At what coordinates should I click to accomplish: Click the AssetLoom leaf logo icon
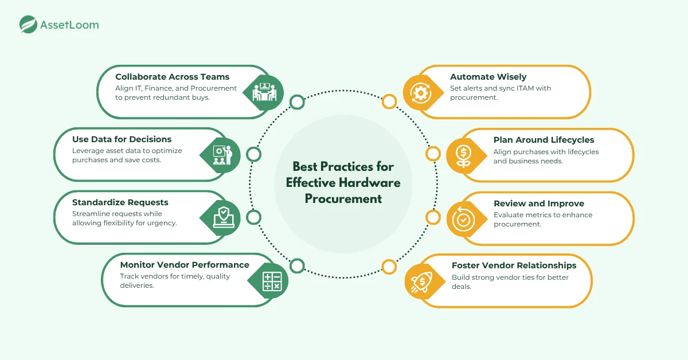(x=28, y=25)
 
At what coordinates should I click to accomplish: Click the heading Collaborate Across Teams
(x=172, y=77)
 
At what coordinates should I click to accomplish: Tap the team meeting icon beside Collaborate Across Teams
(x=265, y=92)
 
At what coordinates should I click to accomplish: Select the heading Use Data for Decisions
(x=122, y=139)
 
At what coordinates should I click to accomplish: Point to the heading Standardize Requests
(x=120, y=202)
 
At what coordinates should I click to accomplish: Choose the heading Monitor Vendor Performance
(x=185, y=265)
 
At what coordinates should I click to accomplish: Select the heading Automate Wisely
(x=488, y=77)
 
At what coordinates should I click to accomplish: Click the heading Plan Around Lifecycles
(x=544, y=139)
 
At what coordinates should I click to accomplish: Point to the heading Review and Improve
(x=539, y=203)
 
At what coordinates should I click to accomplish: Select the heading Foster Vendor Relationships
(x=514, y=265)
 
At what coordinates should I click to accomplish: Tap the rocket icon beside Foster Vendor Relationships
(x=423, y=281)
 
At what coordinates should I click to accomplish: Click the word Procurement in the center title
(x=343, y=199)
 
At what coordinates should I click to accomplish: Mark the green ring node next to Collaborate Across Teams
(x=297, y=103)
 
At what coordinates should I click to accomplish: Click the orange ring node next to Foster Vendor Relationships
(x=389, y=267)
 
